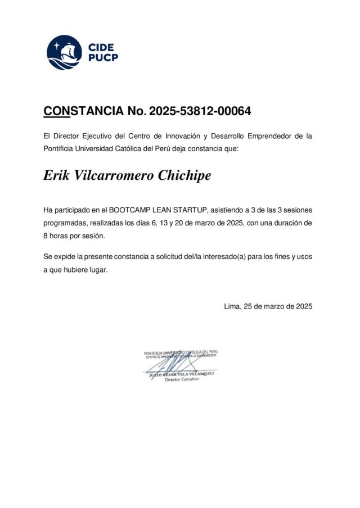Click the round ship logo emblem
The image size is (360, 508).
64,52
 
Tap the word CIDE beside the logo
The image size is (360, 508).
101,47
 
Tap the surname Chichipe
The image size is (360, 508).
185,175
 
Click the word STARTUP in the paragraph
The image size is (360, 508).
191,210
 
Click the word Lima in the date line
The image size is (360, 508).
232,306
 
